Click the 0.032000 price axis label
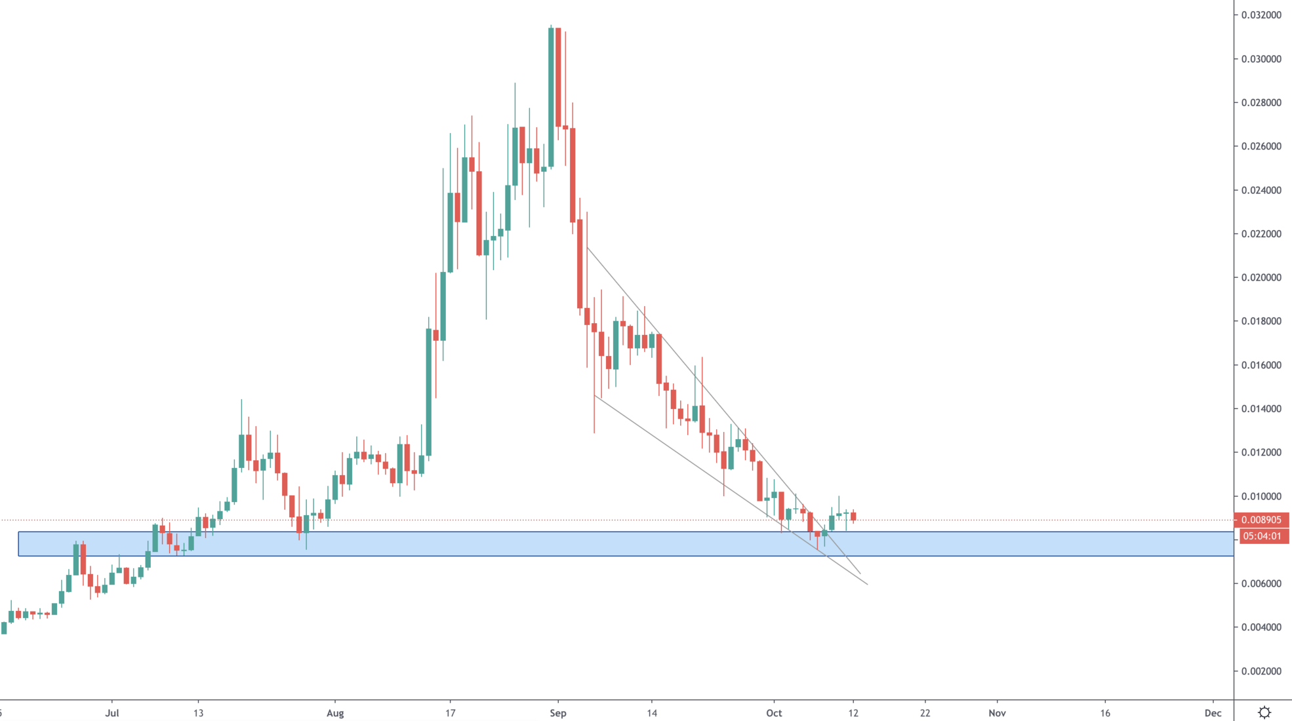(1261, 15)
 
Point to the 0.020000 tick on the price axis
(1261, 277)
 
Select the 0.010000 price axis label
(1261, 496)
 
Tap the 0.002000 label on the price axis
(1261, 671)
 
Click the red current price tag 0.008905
(1261, 520)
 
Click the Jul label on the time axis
(112, 713)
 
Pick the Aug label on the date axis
(335, 713)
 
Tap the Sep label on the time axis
(558, 713)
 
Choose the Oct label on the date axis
(774, 713)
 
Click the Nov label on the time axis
(997, 713)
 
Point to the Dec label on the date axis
(1213, 713)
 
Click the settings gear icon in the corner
(1264, 712)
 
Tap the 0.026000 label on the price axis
(1261, 146)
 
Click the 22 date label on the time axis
(925, 713)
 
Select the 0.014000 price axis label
(1261, 409)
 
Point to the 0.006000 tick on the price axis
(1261, 583)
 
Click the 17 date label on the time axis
(450, 713)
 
